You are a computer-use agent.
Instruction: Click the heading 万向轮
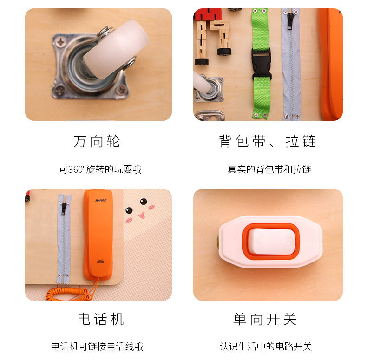tap(97, 141)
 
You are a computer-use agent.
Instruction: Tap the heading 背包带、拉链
tap(268, 141)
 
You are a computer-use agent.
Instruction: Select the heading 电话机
tap(101, 319)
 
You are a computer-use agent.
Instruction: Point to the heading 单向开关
tap(265, 319)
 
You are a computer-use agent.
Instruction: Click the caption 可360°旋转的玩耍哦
tap(100, 170)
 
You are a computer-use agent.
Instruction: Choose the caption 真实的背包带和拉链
tap(269, 170)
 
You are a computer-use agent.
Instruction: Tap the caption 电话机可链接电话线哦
tap(98, 347)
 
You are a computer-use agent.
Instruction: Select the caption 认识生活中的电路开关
tap(266, 347)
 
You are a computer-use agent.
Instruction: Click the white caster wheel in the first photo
tap(116, 50)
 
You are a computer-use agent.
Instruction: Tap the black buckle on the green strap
tap(262, 64)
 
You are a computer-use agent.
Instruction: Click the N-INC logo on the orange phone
tap(101, 200)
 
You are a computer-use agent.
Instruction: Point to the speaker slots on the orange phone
tap(101, 261)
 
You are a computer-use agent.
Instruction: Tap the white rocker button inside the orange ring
tap(271, 242)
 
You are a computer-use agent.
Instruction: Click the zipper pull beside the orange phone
tap(64, 209)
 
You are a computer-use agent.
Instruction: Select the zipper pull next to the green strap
tap(290, 21)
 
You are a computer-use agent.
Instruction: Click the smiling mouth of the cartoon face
tap(142, 215)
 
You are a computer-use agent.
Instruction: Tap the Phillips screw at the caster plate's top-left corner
tap(61, 42)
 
